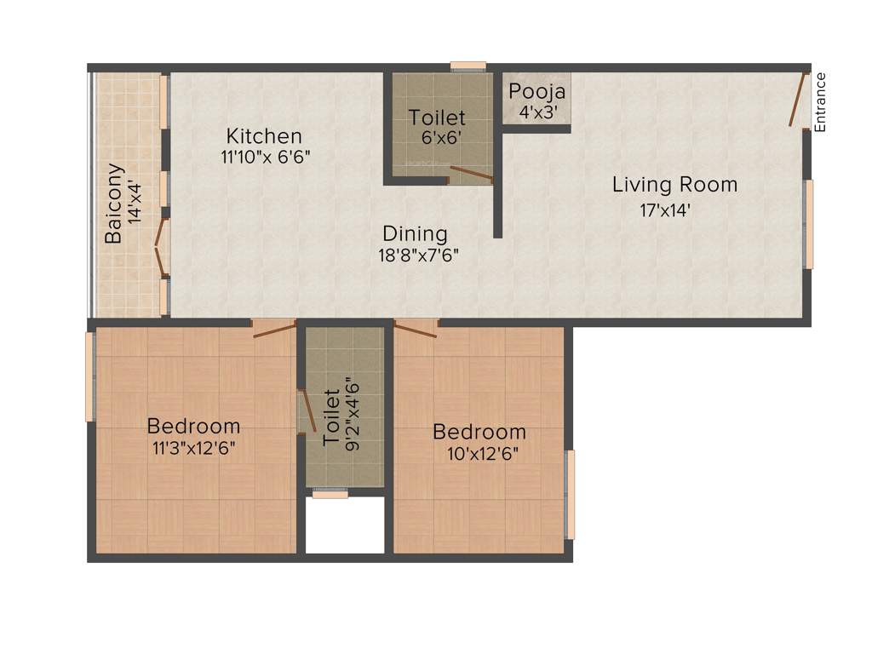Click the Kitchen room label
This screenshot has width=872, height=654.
coord(264,136)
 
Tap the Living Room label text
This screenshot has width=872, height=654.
coord(674,185)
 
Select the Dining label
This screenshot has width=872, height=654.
coord(415,233)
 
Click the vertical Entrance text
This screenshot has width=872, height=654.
coord(821,102)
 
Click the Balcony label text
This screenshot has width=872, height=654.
coord(113,204)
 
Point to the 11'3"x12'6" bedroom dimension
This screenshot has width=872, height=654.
coord(193,449)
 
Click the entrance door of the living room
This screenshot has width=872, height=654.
coord(799,100)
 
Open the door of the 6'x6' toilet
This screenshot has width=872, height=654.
coord(470,175)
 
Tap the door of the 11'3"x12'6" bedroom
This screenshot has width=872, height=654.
coord(273,329)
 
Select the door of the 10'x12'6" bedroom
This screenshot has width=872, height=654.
coord(416,329)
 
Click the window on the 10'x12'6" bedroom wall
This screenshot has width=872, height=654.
coord(571,494)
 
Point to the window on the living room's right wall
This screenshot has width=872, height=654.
coord(810,224)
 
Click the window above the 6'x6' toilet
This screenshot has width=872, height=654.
coord(468,65)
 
